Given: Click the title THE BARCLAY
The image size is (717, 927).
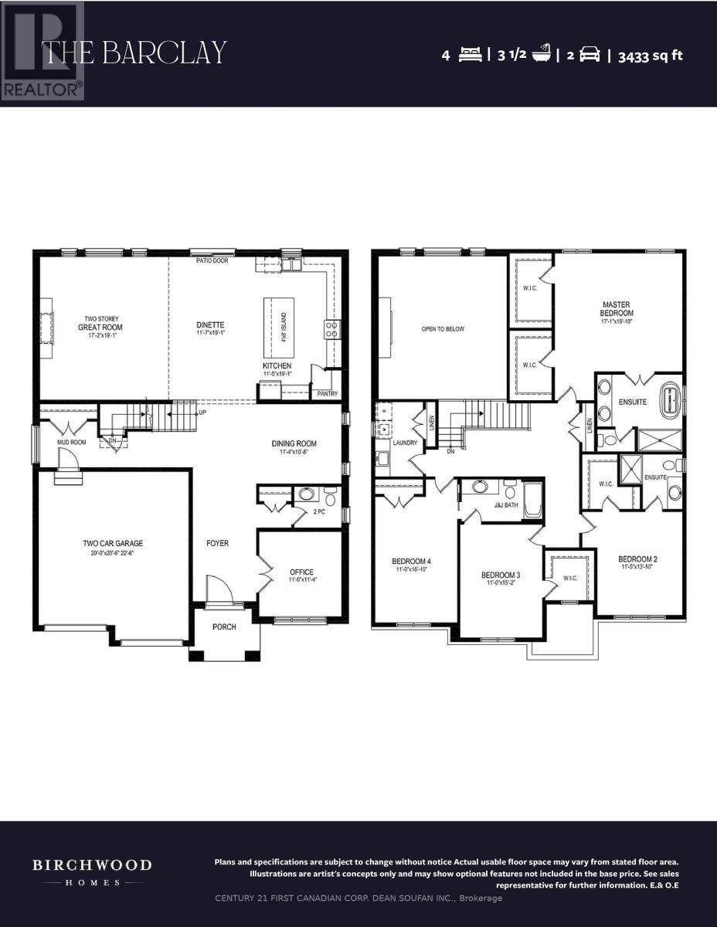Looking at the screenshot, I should [135, 53].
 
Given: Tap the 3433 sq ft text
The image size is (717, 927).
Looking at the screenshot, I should [651, 56].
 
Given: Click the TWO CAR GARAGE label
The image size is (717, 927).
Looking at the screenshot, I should [113, 543].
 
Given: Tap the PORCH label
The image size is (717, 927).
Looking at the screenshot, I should [225, 626].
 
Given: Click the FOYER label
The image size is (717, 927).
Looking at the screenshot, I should [217, 543].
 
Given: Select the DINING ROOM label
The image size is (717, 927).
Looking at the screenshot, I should [294, 443].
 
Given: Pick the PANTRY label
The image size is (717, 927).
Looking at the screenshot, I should [327, 393].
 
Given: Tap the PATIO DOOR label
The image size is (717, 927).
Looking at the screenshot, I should [210, 261].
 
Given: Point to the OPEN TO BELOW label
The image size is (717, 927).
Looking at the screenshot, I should [443, 329].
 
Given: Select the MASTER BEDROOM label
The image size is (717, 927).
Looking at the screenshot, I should [617, 308].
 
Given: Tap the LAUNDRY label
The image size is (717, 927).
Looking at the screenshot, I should [404, 443].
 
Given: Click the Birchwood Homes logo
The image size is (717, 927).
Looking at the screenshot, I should [91, 871].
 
